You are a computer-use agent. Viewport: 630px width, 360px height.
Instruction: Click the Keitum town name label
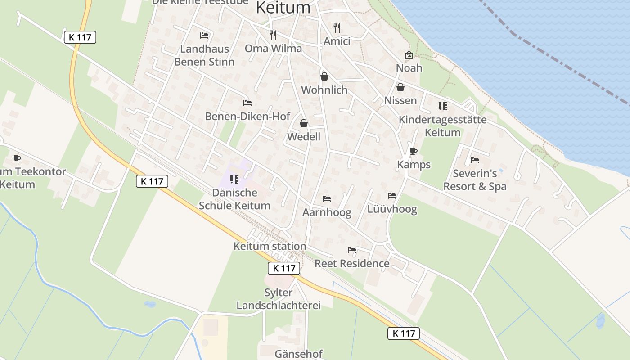(x=283, y=8)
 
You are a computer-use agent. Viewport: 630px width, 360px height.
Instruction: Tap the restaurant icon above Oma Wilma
(x=273, y=35)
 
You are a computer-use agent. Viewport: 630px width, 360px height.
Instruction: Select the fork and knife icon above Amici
(x=337, y=27)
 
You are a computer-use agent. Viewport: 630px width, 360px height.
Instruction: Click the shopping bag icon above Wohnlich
(x=324, y=76)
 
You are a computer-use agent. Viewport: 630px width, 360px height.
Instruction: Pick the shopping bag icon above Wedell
(x=304, y=123)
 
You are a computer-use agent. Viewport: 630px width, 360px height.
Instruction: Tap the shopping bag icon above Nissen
(x=400, y=87)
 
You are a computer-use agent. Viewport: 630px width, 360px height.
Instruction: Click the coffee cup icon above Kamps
(x=414, y=151)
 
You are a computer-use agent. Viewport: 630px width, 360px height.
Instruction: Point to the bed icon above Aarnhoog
(x=327, y=199)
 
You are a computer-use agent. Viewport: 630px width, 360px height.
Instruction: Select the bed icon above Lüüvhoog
(x=392, y=196)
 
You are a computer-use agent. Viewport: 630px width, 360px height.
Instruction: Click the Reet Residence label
(x=352, y=263)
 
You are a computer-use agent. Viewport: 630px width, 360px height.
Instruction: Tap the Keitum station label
(x=270, y=246)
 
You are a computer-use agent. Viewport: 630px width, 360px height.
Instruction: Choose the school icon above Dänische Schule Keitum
(x=234, y=180)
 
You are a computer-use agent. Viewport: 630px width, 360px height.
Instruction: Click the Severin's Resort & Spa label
(x=475, y=180)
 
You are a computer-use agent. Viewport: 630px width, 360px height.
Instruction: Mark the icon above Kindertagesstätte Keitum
(x=443, y=106)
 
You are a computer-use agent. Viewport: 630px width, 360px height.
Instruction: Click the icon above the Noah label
(x=409, y=55)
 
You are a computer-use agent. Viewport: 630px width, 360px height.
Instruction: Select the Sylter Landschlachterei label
(x=279, y=299)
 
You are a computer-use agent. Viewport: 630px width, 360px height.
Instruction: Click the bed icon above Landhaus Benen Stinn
(x=204, y=35)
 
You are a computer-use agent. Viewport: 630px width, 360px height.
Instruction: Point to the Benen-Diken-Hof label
(x=247, y=116)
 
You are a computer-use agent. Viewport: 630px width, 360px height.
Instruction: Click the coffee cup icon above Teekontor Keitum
(x=17, y=158)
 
